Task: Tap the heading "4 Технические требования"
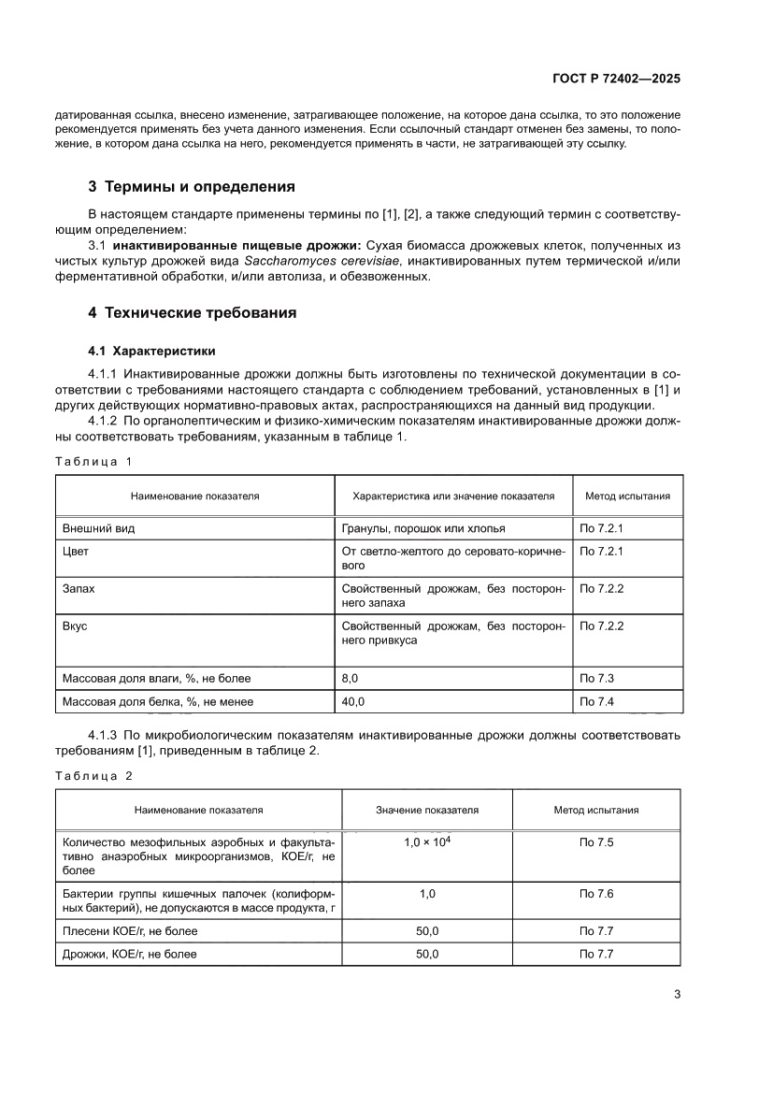(199, 313)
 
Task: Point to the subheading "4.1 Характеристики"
(151, 352)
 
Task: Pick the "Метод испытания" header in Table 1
(627, 496)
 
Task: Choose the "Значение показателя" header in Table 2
(427, 810)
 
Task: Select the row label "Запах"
(78, 591)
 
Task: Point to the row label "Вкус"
(75, 626)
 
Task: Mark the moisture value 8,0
(351, 678)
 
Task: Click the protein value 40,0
(353, 701)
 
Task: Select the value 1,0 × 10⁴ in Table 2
(427, 842)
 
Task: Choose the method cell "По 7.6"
(596, 895)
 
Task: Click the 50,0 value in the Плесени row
(427, 931)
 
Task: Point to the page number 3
(676, 994)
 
